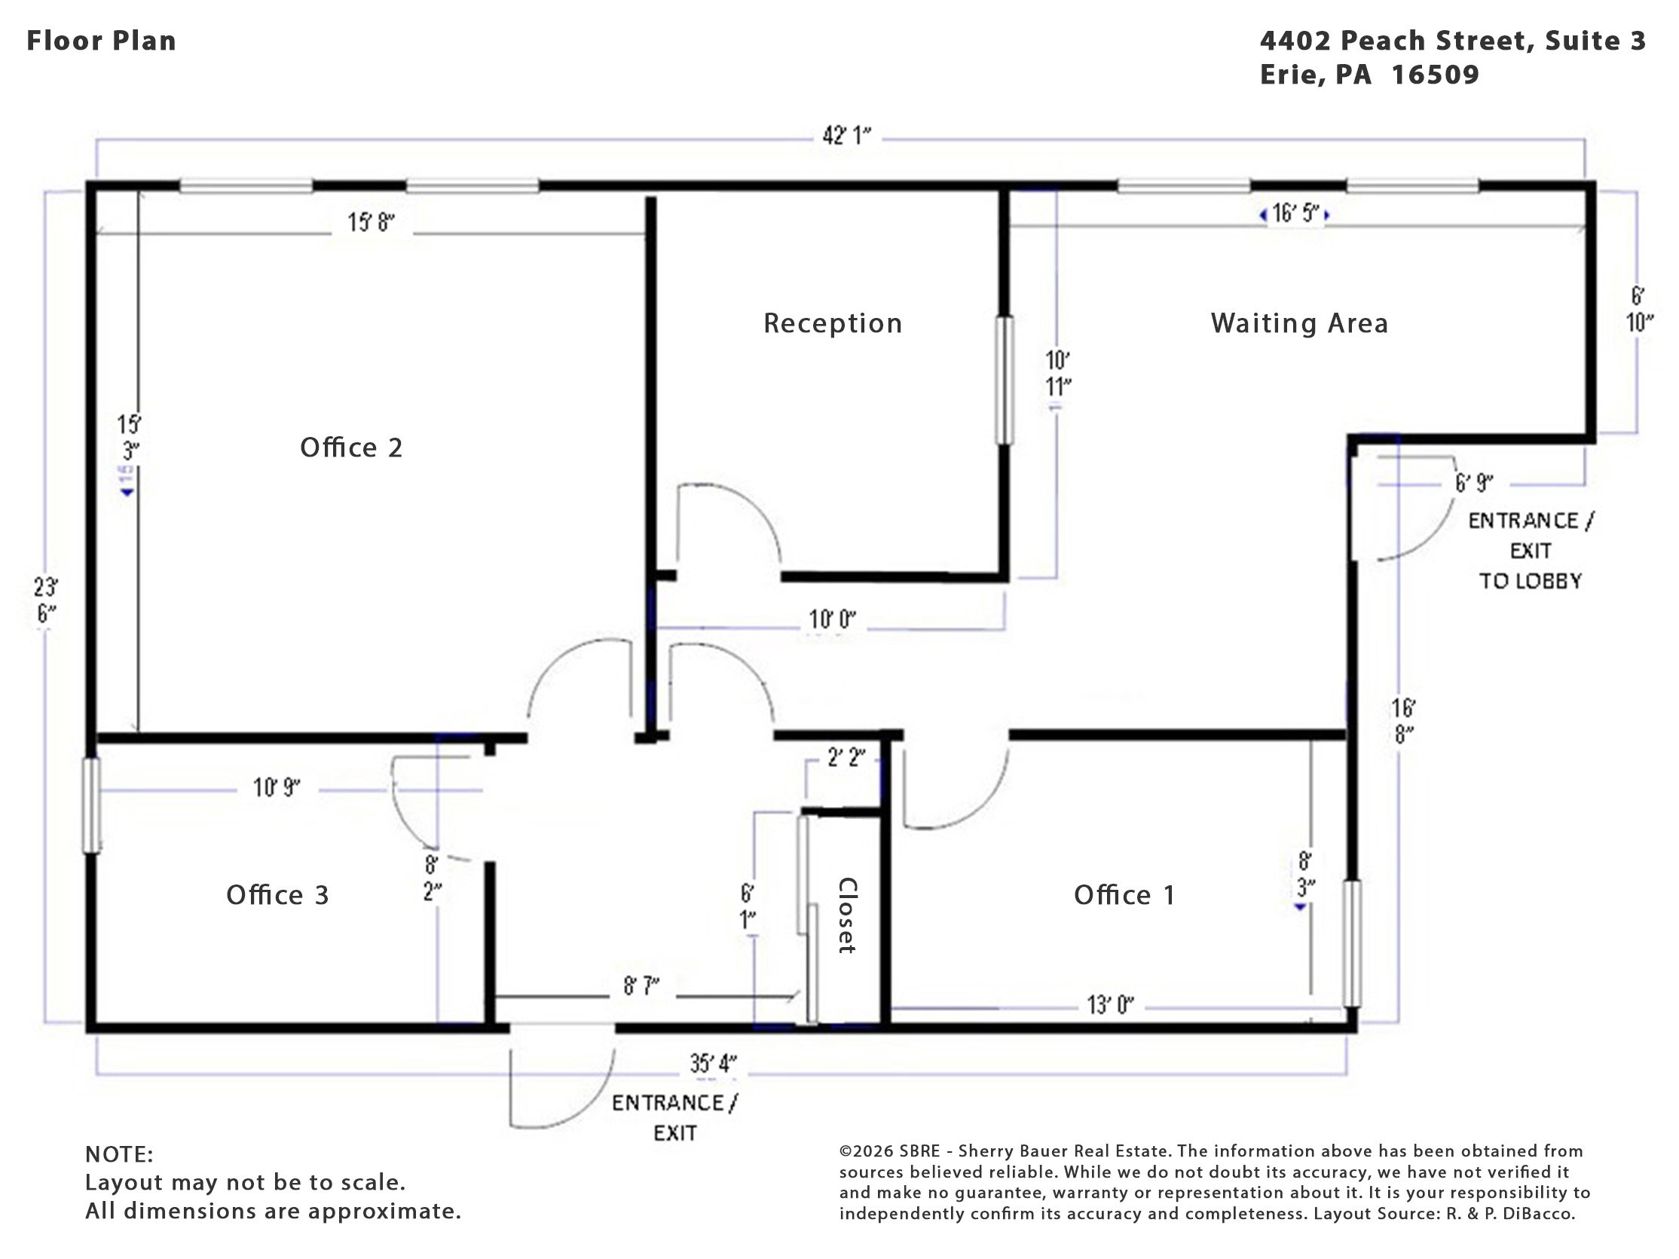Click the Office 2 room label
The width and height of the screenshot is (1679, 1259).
coord(350,448)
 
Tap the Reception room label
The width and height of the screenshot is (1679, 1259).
coord(833,324)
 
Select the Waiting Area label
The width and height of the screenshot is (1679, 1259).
coord(1299,323)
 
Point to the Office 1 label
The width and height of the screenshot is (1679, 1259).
coord(1124,896)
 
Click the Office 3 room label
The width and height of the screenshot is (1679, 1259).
coord(277,896)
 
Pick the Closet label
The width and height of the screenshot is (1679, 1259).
coord(847,915)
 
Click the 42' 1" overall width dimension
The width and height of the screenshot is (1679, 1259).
coord(846,136)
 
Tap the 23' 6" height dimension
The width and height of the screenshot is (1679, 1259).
coord(46,600)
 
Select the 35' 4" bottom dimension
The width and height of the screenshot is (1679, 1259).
coord(712,1063)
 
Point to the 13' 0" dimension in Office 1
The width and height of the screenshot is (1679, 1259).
coord(1110,1006)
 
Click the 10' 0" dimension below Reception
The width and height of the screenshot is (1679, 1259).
coord(832,620)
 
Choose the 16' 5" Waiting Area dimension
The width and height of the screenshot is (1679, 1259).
coord(1295,213)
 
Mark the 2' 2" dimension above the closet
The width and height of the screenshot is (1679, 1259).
coord(846,757)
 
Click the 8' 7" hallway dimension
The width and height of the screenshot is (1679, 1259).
coord(641,986)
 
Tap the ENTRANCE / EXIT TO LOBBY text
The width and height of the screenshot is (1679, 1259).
coord(1531,551)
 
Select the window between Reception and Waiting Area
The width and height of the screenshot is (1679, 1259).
coord(1005,380)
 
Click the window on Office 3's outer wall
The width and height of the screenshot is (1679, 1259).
coord(91,805)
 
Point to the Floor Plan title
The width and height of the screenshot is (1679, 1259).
coord(102,41)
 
